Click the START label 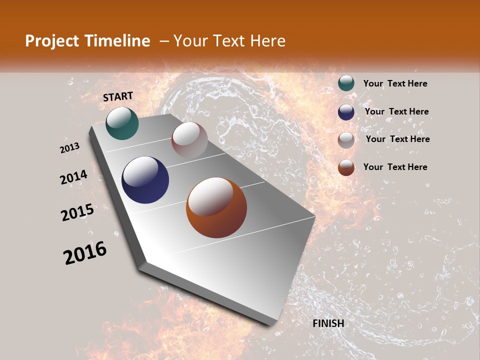click(x=118, y=96)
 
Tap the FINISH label click(x=328, y=323)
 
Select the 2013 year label click(x=70, y=147)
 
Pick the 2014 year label click(x=74, y=177)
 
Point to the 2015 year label click(x=77, y=212)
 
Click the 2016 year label click(x=85, y=253)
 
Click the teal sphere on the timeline click(x=122, y=123)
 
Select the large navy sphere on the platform click(x=145, y=180)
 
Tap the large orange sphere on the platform click(x=216, y=207)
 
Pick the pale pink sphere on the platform click(x=189, y=140)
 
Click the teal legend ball click(x=346, y=83)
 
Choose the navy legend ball click(x=346, y=112)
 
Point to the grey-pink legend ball click(x=346, y=140)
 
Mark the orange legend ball click(x=346, y=167)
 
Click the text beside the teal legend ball click(x=395, y=83)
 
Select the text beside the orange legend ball click(x=395, y=167)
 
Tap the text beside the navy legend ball click(x=396, y=111)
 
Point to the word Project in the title click(x=52, y=41)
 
